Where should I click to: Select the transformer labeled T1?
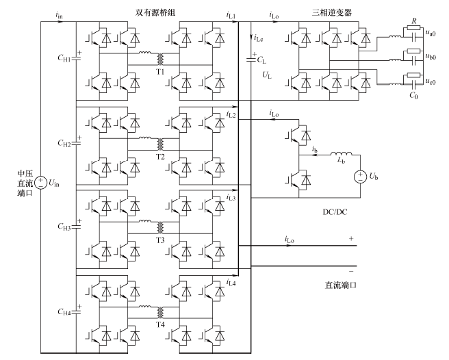coord(162,60)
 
